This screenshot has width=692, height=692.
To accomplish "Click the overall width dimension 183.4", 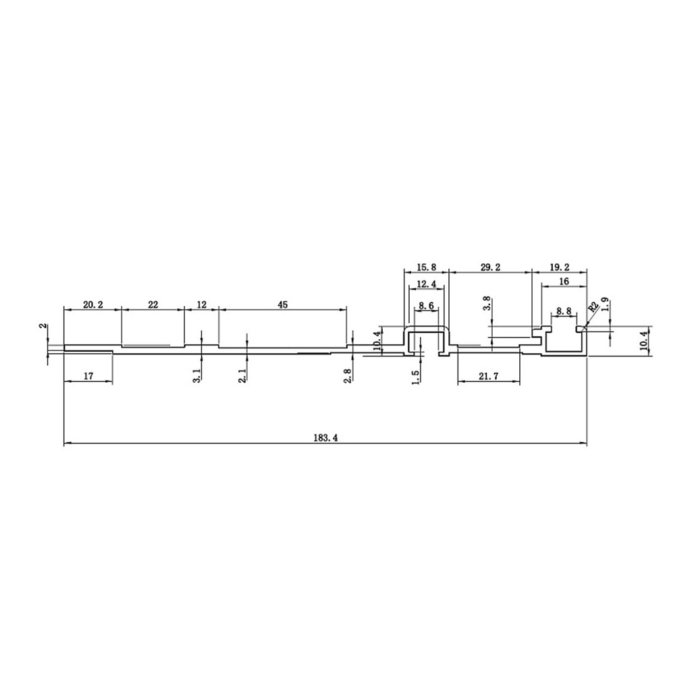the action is (x=325, y=437).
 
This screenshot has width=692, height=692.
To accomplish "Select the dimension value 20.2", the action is (x=93, y=304).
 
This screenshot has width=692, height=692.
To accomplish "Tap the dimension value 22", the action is (x=153, y=304).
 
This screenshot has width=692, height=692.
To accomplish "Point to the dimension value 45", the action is (x=283, y=304).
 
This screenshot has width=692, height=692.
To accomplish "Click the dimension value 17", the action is (x=88, y=376).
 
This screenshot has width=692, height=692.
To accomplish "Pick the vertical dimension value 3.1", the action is (x=197, y=375).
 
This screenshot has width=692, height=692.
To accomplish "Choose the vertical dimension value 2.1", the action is (x=242, y=375).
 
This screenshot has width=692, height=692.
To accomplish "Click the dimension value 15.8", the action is (x=426, y=267).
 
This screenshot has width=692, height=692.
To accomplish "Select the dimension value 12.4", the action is (x=426, y=284).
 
